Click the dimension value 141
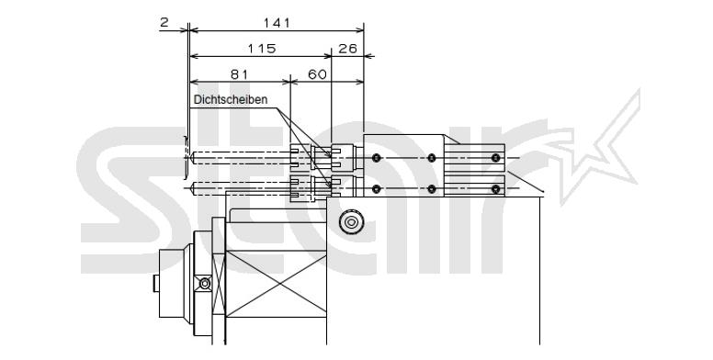[276, 22]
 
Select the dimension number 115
[262, 48]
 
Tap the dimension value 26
[348, 48]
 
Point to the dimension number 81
[239, 74]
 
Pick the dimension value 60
[317, 74]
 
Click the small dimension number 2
[164, 22]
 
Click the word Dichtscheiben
[231, 99]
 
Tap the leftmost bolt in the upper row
[376, 158]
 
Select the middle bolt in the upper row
[432, 158]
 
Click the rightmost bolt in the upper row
[495, 158]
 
